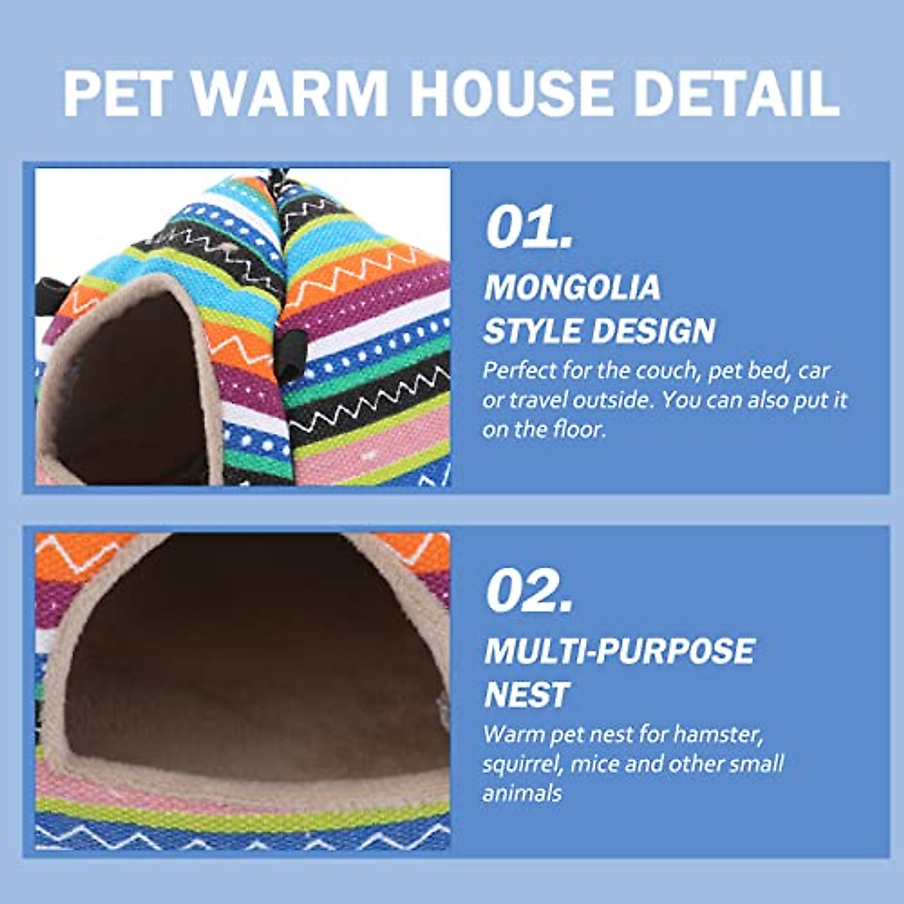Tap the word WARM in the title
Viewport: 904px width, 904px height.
click(289, 93)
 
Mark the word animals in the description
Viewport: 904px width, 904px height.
click(522, 793)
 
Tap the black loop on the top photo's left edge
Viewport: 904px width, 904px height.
click(51, 289)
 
